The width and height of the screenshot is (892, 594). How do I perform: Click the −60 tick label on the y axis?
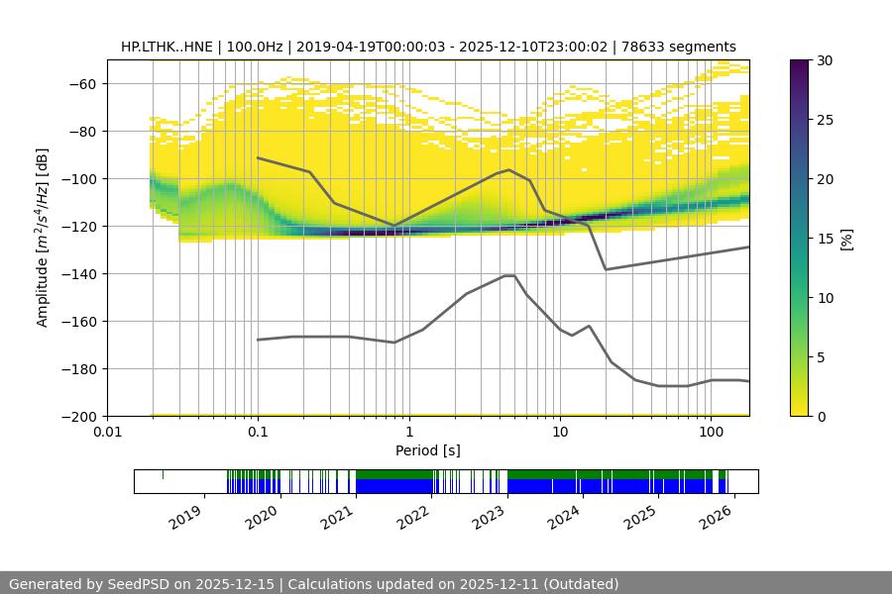coord(80,84)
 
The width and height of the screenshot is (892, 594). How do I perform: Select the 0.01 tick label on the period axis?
coord(107,433)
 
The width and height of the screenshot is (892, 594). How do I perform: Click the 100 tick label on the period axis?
coord(711,433)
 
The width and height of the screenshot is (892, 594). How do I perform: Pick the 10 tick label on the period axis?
coord(560,433)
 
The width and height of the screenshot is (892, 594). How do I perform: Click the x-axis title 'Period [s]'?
coord(428,450)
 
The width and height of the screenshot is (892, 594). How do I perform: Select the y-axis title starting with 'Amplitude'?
coord(43,238)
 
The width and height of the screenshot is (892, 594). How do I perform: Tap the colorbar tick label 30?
coord(823,60)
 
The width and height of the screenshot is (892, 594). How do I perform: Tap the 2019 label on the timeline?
coord(186,516)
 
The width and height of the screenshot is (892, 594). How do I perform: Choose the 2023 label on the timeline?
coord(488,516)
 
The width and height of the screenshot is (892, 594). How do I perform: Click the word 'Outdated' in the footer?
coord(580,584)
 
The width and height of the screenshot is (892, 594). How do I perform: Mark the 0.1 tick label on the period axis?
coord(258,433)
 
